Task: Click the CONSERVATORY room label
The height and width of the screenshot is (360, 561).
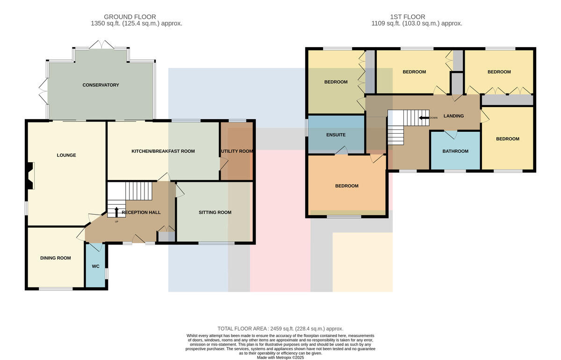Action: coord(101,85)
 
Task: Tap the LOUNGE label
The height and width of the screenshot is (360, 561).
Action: coord(66,155)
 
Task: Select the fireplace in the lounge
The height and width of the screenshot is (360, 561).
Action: coord(30,176)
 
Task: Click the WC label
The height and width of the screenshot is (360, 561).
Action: coord(96,266)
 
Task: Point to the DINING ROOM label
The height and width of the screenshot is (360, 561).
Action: coord(56,258)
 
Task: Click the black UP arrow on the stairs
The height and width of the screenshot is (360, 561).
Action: coord(116,212)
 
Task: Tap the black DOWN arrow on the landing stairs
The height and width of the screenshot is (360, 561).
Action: coord(424,118)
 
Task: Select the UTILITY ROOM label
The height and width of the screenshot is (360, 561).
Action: coord(237,151)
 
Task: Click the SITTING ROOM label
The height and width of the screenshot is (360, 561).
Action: coord(215,212)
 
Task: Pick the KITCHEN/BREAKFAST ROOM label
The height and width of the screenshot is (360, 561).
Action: coord(163,151)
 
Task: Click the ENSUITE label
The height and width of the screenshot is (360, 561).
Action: coord(336,135)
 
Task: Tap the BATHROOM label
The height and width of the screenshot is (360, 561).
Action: coord(455,151)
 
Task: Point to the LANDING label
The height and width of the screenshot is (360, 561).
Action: coord(453,116)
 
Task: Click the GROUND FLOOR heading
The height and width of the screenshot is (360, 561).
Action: coord(130,17)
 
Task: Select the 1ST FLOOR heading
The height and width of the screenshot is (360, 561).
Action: coord(408,17)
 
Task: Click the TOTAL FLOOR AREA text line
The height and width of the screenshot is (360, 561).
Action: coord(280,328)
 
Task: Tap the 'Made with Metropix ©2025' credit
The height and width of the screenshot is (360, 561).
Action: coord(280,358)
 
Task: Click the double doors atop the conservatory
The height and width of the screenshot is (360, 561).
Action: coord(102,44)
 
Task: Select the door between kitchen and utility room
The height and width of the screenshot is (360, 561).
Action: coord(224,164)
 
